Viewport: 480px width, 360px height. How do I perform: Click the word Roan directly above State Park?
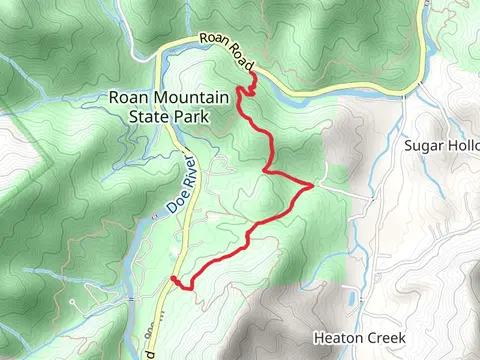pyautogui.click(x=129, y=98)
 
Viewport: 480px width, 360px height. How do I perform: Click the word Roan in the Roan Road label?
pyautogui.click(x=212, y=41)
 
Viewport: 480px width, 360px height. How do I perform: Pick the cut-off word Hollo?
pyautogui.click(x=464, y=145)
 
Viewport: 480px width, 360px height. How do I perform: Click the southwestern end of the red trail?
pyautogui.click(x=173, y=278)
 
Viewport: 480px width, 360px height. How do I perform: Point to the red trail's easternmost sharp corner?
pyautogui.click(x=314, y=185)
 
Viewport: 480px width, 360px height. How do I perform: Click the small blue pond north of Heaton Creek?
pyautogui.click(x=350, y=298)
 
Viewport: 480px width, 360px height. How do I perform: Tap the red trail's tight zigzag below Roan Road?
pyautogui.click(x=246, y=90)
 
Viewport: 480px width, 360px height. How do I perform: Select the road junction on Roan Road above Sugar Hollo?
pyautogui.click(x=405, y=96)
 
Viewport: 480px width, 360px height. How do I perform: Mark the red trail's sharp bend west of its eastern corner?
pyautogui.click(x=265, y=172)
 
